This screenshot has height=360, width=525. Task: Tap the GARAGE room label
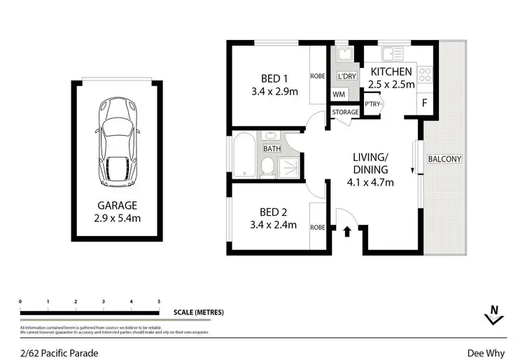click(x=117, y=206)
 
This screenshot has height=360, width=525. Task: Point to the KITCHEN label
click(x=391, y=71)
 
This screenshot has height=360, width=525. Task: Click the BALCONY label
click(x=444, y=159)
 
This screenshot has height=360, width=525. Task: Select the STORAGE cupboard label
click(x=345, y=112)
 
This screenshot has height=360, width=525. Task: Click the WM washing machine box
click(x=339, y=94)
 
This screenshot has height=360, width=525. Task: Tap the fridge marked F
click(x=423, y=103)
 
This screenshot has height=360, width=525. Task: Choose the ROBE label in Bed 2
click(x=318, y=228)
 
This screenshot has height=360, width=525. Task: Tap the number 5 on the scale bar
click(x=159, y=302)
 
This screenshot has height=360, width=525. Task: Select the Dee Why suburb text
click(x=486, y=354)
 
